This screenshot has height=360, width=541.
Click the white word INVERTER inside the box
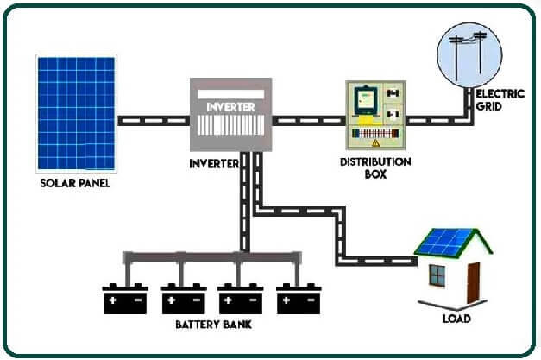click(230, 106)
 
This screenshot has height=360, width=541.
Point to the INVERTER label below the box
click(213, 163)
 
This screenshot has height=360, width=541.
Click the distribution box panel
click(376, 117)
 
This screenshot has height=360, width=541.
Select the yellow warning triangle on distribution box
click(375, 145)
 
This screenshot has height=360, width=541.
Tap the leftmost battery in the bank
click(125, 299)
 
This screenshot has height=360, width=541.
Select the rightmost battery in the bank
click(298, 299)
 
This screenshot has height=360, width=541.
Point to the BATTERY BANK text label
click(211, 325)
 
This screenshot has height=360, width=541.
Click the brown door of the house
click(473, 282)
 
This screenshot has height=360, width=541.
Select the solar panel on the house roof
click(446, 242)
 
